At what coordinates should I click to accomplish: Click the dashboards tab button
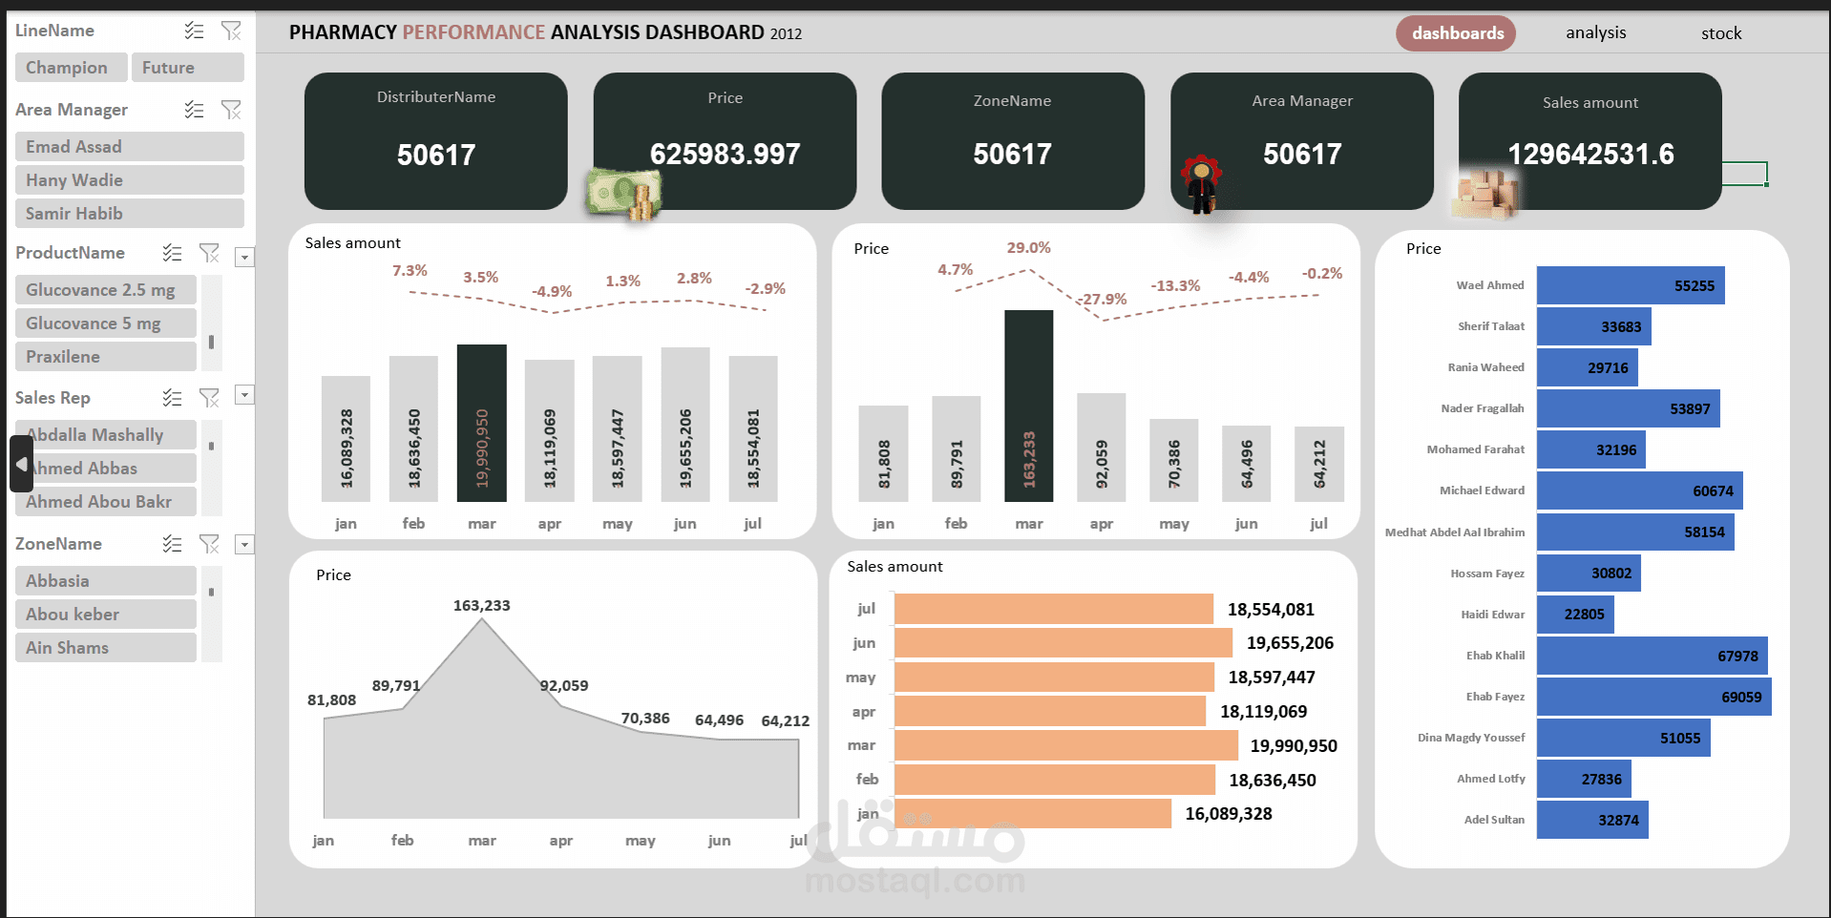tap(1456, 33)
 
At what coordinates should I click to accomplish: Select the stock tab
tap(1720, 33)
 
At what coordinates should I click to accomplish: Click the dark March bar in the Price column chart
tap(1028, 406)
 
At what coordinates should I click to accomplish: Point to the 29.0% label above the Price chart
tap(1028, 248)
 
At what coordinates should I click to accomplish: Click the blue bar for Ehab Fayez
tap(1652, 698)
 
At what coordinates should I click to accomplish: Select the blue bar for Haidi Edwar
tap(1574, 615)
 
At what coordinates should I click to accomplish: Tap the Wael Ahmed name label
tap(1489, 285)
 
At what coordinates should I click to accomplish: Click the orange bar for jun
tap(1063, 643)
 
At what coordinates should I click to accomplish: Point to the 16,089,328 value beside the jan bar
tap(1228, 814)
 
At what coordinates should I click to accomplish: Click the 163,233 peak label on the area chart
tap(481, 606)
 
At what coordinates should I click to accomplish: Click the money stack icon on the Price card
tap(623, 194)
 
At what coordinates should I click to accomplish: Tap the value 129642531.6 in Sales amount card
tap(1589, 155)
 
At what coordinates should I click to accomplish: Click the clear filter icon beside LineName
tap(231, 31)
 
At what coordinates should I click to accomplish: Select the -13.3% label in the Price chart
tap(1174, 286)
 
